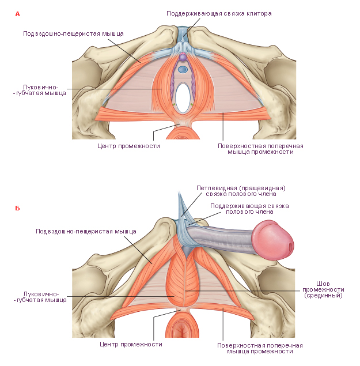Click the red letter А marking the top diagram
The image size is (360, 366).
(17, 14)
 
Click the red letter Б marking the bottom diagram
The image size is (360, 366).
(17, 208)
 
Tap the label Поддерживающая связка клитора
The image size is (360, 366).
(219, 13)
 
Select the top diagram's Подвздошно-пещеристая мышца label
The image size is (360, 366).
(73, 33)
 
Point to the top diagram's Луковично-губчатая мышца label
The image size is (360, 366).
(40, 90)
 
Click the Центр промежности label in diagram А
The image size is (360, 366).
(128, 146)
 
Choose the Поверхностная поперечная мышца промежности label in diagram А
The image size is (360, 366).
(260, 149)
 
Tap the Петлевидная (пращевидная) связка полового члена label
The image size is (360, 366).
(241, 191)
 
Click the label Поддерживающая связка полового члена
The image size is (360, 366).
(249, 209)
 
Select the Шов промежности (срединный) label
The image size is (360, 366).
(323, 289)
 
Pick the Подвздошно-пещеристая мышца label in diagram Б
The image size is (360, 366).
(86, 231)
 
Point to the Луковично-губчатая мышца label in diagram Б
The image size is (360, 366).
(40, 297)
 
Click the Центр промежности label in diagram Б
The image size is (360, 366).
(131, 344)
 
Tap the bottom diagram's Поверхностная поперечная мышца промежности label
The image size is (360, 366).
(260, 348)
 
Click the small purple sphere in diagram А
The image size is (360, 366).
(183, 56)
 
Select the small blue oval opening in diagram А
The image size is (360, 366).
(183, 69)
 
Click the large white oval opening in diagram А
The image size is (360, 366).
(183, 98)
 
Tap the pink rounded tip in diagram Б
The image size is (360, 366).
(273, 240)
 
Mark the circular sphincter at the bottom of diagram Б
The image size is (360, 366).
(182, 326)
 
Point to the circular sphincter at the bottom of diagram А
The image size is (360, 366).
(183, 132)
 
